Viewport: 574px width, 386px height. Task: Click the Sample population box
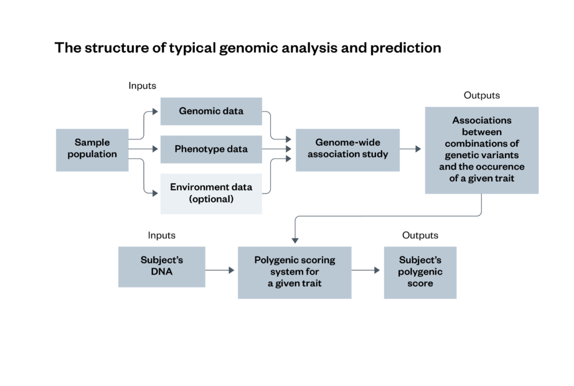[x=92, y=149]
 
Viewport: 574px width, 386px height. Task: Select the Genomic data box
[x=211, y=111]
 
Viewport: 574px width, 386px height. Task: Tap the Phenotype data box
[x=211, y=149]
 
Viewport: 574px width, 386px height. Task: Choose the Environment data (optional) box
[x=211, y=193]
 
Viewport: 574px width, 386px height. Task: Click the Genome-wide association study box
[x=347, y=149]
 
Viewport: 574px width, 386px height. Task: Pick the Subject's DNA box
[x=161, y=266]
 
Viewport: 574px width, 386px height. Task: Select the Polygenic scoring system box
[x=294, y=272]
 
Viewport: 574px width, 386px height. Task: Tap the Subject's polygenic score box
[x=420, y=272]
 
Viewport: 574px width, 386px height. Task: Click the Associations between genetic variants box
[x=481, y=150]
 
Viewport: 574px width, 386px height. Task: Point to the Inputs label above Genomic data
[x=142, y=85]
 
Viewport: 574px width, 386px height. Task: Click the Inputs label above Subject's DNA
[x=161, y=235]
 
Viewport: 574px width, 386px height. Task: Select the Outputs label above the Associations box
[x=481, y=95]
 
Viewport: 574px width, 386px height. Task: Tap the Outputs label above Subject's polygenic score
[x=420, y=235]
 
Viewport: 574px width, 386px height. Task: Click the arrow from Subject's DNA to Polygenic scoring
[x=220, y=270]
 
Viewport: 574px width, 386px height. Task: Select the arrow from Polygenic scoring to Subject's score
[x=367, y=270]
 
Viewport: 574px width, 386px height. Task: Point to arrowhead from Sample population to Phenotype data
[x=155, y=149]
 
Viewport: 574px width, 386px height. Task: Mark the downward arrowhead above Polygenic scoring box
[x=294, y=240]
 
